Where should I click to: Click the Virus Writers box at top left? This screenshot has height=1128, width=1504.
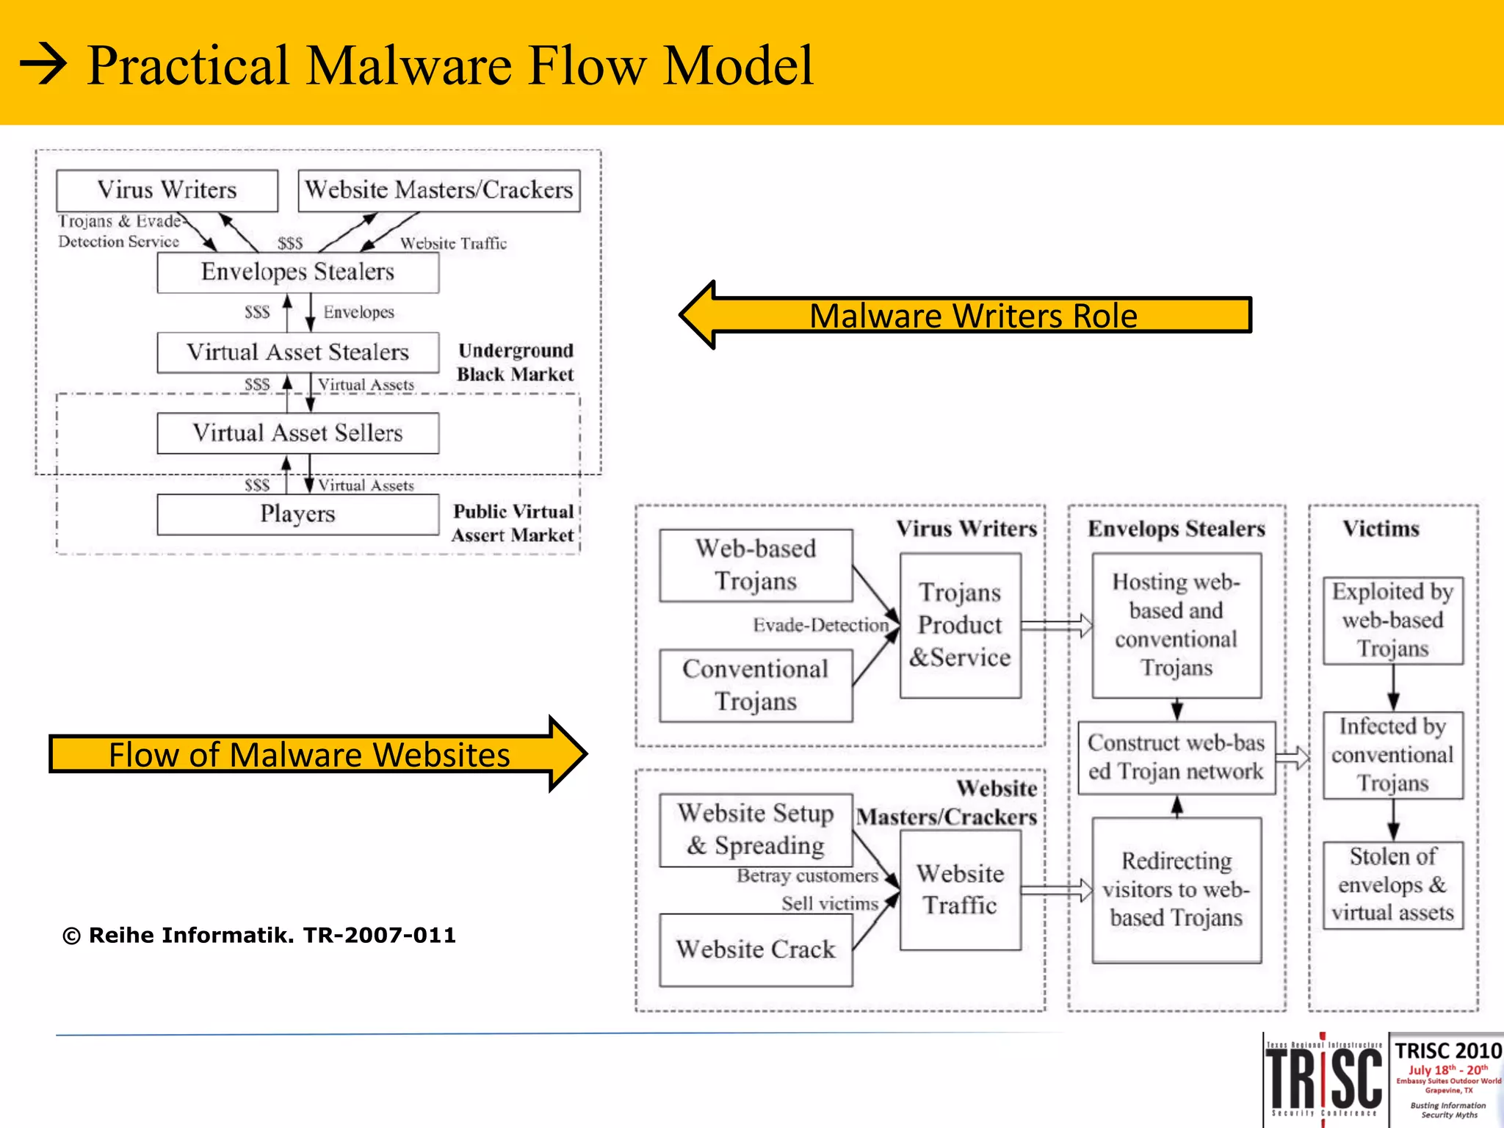167,190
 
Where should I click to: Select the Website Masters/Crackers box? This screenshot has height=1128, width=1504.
438,190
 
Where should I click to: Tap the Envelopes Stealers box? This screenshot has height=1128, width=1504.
297,272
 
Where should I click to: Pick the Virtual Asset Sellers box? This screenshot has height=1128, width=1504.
297,433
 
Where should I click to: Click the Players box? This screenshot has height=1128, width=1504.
297,514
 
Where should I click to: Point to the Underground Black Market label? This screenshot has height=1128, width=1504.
515,363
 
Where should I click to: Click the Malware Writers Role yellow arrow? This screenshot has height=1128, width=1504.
965,315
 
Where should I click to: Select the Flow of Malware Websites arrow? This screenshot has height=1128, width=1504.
316,754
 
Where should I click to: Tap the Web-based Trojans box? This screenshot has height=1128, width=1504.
756,565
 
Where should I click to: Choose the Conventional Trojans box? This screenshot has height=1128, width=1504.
756,685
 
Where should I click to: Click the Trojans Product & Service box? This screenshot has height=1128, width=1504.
960,625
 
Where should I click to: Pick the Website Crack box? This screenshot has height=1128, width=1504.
756,950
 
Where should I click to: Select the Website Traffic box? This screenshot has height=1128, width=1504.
960,889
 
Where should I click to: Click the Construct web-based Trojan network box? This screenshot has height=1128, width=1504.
1176,757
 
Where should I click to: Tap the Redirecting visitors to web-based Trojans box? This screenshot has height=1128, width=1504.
1176,889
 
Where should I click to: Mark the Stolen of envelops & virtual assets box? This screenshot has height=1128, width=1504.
1392,885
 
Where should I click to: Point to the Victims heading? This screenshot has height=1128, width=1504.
1381,529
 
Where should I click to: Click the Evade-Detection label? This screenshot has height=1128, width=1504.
820,625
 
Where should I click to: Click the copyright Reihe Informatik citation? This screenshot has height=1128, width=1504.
259,936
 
